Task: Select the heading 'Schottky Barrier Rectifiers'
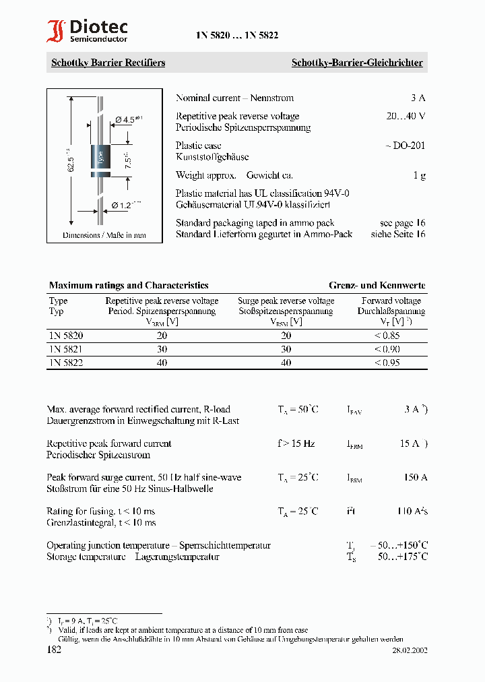tap(108, 63)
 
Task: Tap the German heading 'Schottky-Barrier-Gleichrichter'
tap(356, 63)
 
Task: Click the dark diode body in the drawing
tap(100, 159)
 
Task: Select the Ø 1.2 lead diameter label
tap(126, 205)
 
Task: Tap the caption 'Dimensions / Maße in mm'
tap(104, 236)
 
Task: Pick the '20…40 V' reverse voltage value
tap(406, 116)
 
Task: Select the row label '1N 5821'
tap(66, 348)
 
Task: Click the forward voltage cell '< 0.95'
tap(387, 362)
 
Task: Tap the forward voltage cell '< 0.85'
tap(387, 335)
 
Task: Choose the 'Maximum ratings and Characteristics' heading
tap(129, 285)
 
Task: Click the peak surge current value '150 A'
tap(415, 477)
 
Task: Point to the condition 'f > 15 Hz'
tap(296, 443)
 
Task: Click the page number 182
tap(54, 650)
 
